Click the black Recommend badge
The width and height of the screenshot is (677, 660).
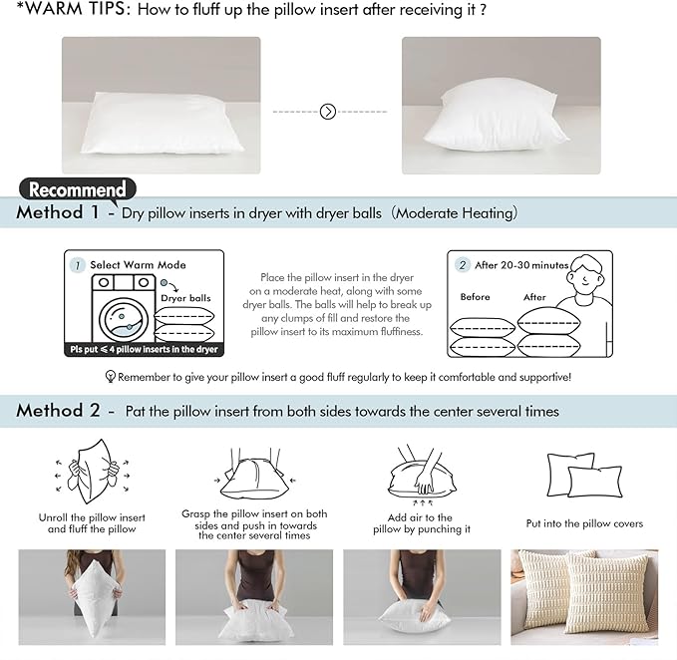pyautogui.click(x=77, y=189)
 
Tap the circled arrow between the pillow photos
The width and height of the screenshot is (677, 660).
pyautogui.click(x=328, y=112)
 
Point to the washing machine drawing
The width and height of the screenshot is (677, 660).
pyautogui.click(x=122, y=308)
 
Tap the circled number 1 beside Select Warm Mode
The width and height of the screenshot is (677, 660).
pyautogui.click(x=77, y=265)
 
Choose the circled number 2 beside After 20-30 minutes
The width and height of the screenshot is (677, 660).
pyautogui.click(x=463, y=265)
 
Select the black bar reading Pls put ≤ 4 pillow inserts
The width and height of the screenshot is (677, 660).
pyautogui.click(x=143, y=350)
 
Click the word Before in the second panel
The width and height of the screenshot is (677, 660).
pyautogui.click(x=476, y=297)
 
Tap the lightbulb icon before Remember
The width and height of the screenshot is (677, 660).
pyautogui.click(x=111, y=377)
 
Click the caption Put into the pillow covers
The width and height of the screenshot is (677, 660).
pyautogui.click(x=584, y=523)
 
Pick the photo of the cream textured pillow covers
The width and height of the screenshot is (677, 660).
pyautogui.click(x=584, y=597)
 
